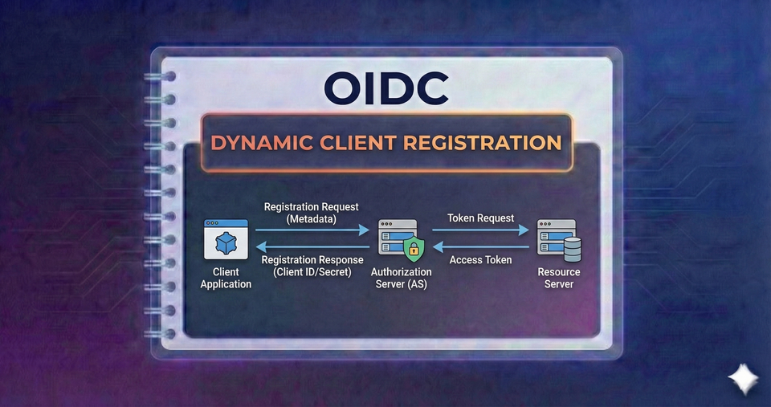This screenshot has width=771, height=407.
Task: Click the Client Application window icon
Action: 225,242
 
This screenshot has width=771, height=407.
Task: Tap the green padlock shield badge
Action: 413,250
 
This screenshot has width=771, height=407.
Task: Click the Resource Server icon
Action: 558,242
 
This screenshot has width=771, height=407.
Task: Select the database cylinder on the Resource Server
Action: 573,251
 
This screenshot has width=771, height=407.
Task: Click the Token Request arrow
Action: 481,229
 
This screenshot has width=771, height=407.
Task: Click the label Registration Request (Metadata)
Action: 312,213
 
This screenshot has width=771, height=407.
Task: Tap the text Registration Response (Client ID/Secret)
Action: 312,266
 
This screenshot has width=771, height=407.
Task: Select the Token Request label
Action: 481,218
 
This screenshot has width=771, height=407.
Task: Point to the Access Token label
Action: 481,260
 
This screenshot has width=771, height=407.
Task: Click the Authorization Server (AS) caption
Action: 401,279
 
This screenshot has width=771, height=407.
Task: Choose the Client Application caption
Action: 226,279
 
